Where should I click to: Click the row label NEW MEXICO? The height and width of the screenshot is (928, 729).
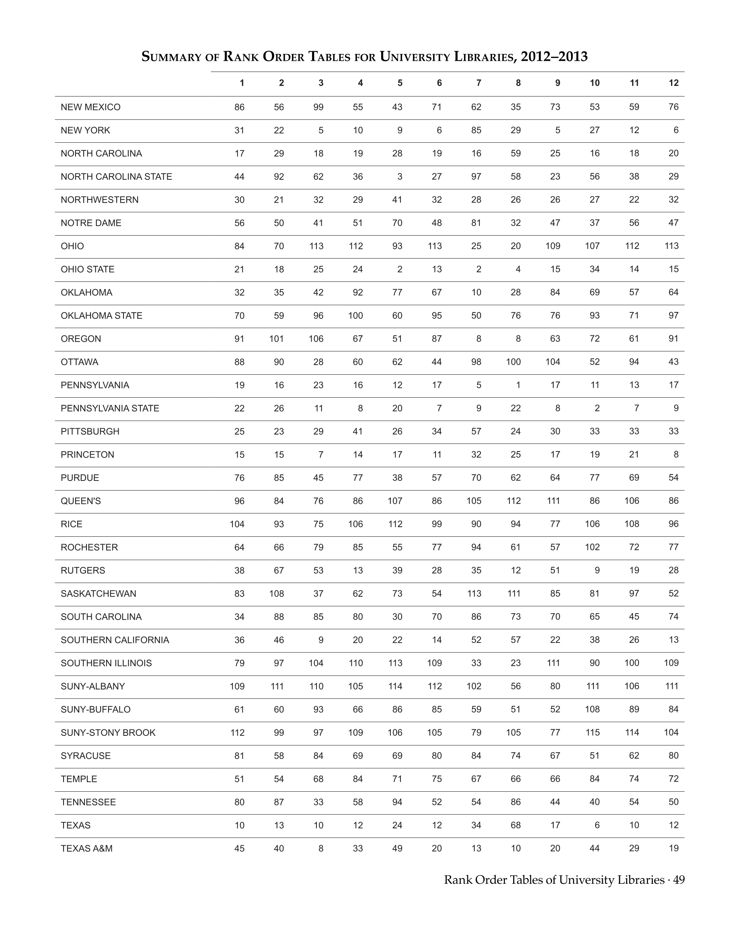click(90, 107)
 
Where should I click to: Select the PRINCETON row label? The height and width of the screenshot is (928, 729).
click(88, 455)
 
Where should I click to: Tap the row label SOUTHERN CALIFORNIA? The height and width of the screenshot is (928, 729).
click(115, 640)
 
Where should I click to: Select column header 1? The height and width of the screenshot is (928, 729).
click(242, 83)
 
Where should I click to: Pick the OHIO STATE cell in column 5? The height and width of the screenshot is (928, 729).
click(400, 269)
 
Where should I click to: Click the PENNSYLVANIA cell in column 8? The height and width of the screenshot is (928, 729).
click(518, 385)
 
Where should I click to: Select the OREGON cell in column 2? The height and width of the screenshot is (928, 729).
click(277, 339)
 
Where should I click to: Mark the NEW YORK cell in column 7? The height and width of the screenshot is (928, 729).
click(476, 130)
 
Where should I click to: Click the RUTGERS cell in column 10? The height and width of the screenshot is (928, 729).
click(597, 570)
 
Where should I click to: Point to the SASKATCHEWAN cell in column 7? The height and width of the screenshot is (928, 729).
click(474, 593)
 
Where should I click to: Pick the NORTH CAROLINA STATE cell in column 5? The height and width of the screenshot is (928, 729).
click(400, 177)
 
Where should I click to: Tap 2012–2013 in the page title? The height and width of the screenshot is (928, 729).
click(554, 56)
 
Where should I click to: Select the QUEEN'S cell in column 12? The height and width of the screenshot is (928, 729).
click(673, 501)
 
